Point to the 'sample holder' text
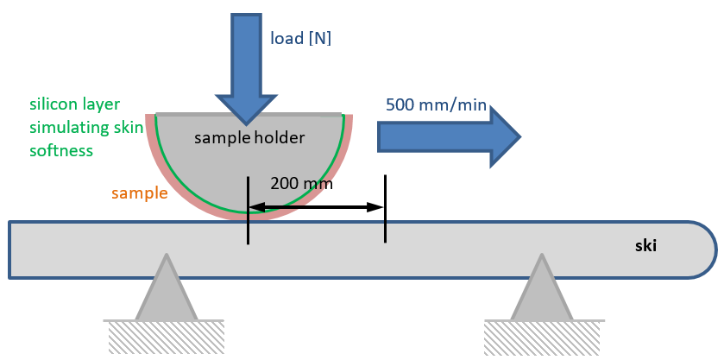pyautogui.click(x=249, y=137)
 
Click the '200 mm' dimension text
pyautogui.click(x=301, y=183)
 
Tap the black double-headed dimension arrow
pyautogui.click(x=316, y=207)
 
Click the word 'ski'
pyautogui.click(x=645, y=246)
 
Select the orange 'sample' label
pyautogui.click(x=140, y=193)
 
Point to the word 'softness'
pyautogui.click(x=60, y=150)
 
